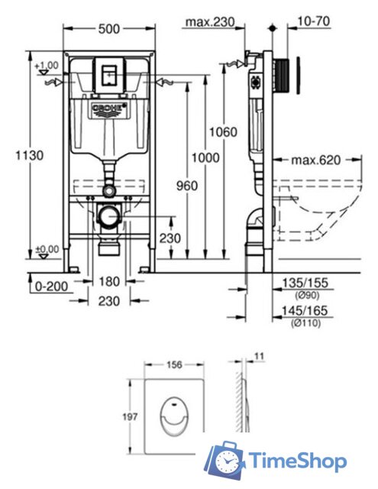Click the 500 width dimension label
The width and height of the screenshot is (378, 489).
pyautogui.click(x=108, y=29)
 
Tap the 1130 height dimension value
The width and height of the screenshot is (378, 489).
pyautogui.click(x=30, y=155)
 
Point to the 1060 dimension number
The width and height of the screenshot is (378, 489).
pyautogui.click(x=223, y=132)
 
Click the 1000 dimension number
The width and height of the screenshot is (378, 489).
pyautogui.click(x=205, y=158)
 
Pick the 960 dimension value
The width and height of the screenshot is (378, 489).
pyautogui.click(x=187, y=186)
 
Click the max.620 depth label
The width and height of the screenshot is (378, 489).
pyautogui.click(x=316, y=160)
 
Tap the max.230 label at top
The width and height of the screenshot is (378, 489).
pyautogui.click(x=210, y=22)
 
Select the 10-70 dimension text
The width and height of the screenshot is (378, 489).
pyautogui.click(x=314, y=21)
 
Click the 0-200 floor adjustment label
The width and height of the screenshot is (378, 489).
pyautogui.click(x=51, y=287)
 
